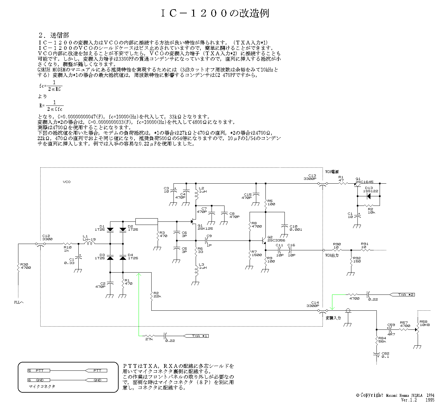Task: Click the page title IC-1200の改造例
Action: [215, 13]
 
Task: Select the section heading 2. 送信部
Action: [54, 35]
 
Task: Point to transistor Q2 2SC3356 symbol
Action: [264, 241]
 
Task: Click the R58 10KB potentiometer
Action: [418, 330]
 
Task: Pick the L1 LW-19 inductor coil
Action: [89, 244]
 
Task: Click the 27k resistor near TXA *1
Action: [149, 336]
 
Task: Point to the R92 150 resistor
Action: [351, 261]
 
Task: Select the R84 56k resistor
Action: [376, 341]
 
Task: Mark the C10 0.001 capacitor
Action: [284, 226]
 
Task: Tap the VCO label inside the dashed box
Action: [66, 182]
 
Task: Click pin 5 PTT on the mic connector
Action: [37, 370]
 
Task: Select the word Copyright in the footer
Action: [372, 395]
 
